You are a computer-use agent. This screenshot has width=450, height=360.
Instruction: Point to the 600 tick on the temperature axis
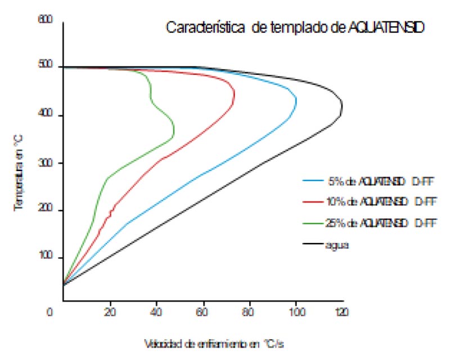(x=45, y=20)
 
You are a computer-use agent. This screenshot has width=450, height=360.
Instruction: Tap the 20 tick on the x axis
(x=110, y=310)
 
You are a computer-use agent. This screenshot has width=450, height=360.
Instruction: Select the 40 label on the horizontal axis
(x=157, y=310)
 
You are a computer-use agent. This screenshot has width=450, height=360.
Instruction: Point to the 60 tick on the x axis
(x=204, y=310)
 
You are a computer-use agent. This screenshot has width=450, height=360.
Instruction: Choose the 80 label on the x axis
(x=250, y=310)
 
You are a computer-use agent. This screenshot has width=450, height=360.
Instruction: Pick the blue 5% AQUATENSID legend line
(x=313, y=181)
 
